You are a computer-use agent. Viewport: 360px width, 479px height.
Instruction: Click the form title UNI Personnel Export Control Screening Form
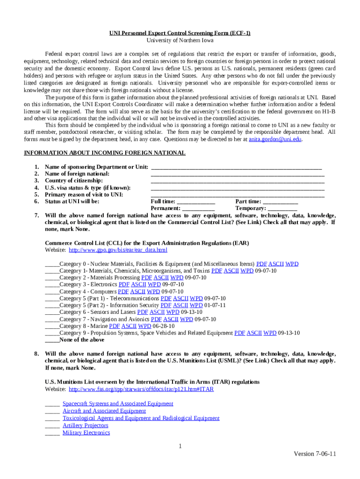180,33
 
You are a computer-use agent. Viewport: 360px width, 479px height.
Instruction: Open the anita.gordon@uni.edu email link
275,139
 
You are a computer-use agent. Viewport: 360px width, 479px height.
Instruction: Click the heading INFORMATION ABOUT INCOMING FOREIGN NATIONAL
105,153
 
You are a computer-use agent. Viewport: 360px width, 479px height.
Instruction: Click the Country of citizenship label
74,181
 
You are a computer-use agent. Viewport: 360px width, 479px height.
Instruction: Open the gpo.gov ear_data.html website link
118,250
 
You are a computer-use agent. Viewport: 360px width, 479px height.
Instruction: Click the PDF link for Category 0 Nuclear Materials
261,264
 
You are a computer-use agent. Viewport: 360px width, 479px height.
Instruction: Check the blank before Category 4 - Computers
52,291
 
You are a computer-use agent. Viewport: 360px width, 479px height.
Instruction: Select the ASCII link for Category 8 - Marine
130,326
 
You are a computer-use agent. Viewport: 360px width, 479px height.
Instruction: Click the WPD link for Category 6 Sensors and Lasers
173,312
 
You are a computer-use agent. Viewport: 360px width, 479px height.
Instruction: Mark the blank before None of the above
52,340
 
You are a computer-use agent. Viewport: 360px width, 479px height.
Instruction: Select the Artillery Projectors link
85,425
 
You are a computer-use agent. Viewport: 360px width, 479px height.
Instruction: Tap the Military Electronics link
86,433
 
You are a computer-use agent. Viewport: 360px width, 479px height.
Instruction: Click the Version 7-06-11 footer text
315,454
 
